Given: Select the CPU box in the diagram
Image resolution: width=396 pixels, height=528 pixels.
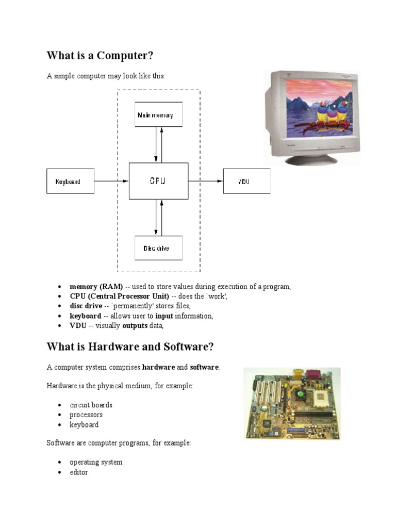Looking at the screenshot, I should point(158,181).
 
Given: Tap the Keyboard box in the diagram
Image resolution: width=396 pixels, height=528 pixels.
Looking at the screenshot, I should point(71,181).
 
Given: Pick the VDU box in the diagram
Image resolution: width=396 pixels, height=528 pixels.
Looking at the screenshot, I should point(246,181).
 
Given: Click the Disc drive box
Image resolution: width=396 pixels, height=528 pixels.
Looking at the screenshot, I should point(158,248).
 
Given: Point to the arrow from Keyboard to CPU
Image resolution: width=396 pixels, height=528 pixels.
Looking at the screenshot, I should point(111,181).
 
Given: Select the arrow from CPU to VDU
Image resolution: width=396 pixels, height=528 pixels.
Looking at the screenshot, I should point(205,181).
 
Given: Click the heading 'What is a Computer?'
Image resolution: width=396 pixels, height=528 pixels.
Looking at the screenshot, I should point(101,55).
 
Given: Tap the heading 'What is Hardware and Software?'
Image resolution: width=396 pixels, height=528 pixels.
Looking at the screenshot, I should point(130,346).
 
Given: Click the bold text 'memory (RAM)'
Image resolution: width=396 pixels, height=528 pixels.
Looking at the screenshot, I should point(96,287).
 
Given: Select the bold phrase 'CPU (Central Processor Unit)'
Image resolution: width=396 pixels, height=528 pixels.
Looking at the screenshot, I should point(120,296).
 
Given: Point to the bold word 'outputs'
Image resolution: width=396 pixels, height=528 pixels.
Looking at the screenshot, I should point(135,326).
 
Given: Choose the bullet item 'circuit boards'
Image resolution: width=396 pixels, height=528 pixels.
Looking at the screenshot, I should point(91,405).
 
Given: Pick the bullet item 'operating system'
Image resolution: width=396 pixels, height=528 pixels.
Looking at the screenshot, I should point(96,462).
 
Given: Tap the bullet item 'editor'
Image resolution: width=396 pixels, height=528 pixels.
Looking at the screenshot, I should point(79,472).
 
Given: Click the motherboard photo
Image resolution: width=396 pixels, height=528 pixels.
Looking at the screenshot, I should point(291,403).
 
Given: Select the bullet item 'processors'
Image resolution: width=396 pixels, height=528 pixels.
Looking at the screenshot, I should point(86,415).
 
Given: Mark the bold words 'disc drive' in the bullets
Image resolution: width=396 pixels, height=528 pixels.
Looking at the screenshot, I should point(86,306).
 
